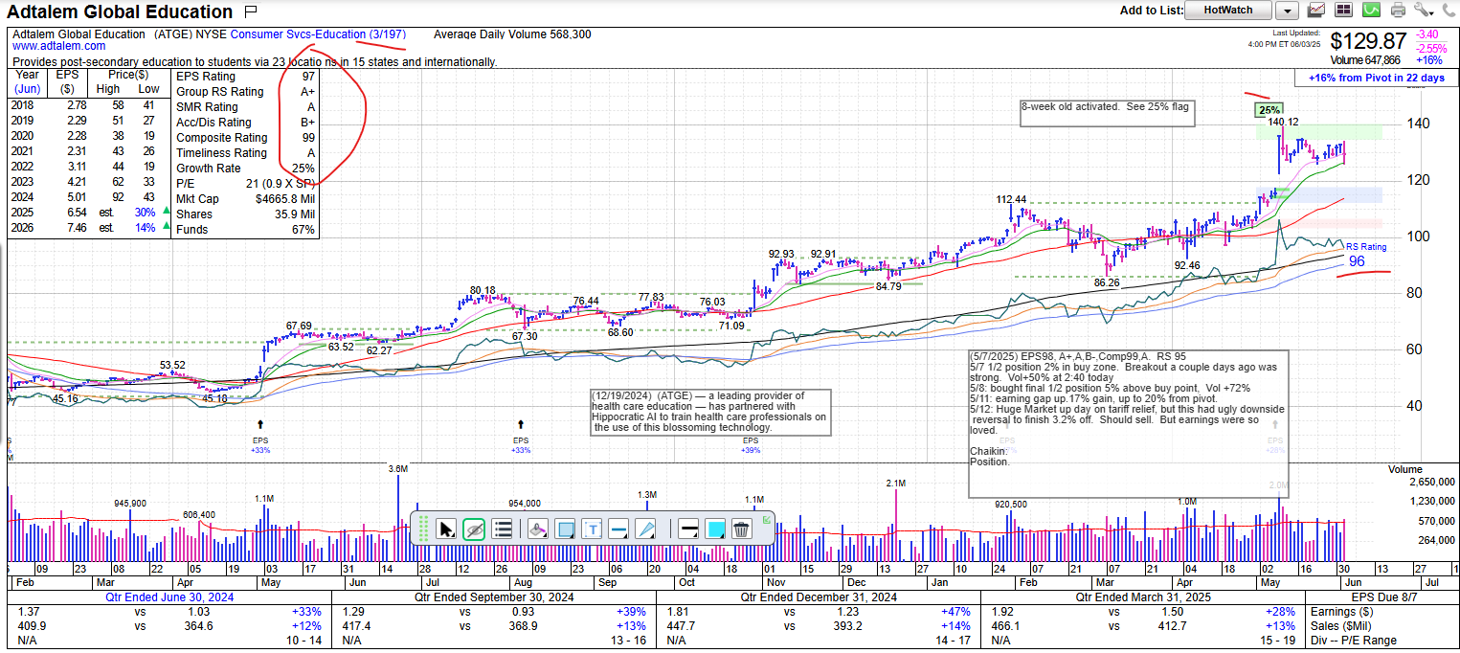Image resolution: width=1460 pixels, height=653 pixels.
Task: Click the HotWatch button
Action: [x=1227, y=11]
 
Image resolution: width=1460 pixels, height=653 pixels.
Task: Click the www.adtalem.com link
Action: [x=59, y=46]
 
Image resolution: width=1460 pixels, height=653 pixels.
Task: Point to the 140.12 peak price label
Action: [x=1283, y=123]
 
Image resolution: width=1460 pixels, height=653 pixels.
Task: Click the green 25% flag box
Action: [x=1269, y=110]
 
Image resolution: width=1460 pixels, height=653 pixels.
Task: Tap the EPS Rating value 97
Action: [x=307, y=77]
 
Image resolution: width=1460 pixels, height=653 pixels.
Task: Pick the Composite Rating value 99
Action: [x=307, y=138]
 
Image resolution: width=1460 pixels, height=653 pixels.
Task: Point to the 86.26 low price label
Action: [x=1106, y=283]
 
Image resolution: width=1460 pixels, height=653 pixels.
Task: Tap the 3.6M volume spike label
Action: [x=398, y=469]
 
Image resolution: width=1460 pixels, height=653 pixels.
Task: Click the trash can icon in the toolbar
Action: [x=741, y=529]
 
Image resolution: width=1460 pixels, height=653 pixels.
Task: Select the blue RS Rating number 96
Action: [x=1357, y=261]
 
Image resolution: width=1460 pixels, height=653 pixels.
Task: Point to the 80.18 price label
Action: [x=483, y=290]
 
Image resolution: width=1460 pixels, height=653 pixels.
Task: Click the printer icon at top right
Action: [x=1398, y=11]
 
